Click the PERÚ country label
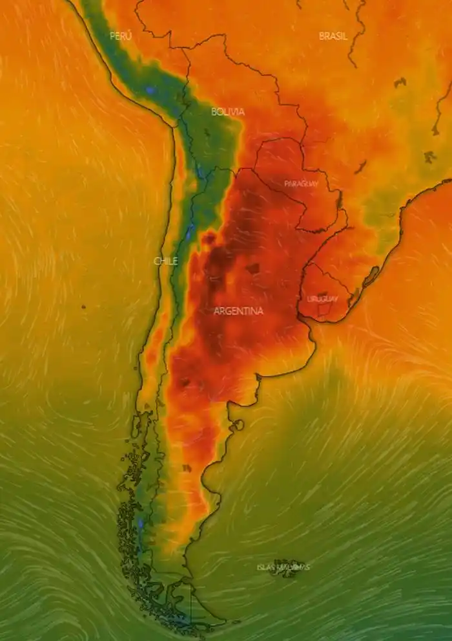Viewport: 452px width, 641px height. pos(120,36)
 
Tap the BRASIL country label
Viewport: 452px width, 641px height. pos(333,36)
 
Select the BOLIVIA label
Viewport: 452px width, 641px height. pos(228,112)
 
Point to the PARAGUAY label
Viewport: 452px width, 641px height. pos(302,184)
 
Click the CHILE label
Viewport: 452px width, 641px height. pos(165,261)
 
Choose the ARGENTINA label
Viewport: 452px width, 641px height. pos(238,311)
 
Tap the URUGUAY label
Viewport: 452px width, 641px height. pos(322,299)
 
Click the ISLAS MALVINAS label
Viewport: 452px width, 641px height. pos(283,567)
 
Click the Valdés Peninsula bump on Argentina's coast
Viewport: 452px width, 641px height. pos(237,425)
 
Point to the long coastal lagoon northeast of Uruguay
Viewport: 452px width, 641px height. pos(371,278)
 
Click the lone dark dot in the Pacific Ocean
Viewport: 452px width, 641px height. pos(83,306)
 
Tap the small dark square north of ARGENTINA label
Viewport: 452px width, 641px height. pos(252,268)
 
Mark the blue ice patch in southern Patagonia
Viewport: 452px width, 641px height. pos(139,524)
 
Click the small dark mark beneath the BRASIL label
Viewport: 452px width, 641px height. pos(400,82)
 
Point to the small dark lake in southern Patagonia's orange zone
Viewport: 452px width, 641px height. pos(187,468)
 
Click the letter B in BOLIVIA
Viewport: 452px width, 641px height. pos(214,112)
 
